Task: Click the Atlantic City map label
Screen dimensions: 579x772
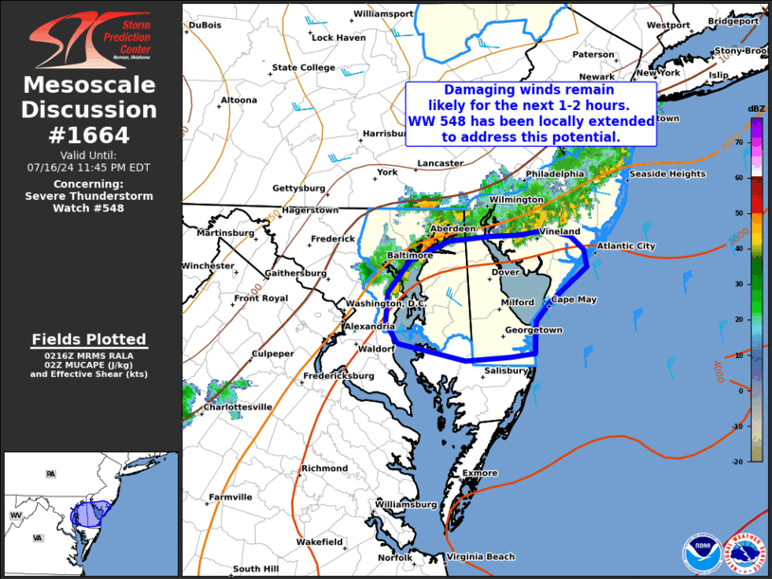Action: pos(624,246)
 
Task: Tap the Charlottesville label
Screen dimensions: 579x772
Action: pos(238,407)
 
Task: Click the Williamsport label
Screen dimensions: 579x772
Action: pos(383,14)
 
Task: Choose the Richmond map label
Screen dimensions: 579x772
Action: pos(324,468)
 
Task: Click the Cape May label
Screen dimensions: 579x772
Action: pos(574,299)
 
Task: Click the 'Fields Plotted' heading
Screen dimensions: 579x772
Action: pos(89,338)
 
